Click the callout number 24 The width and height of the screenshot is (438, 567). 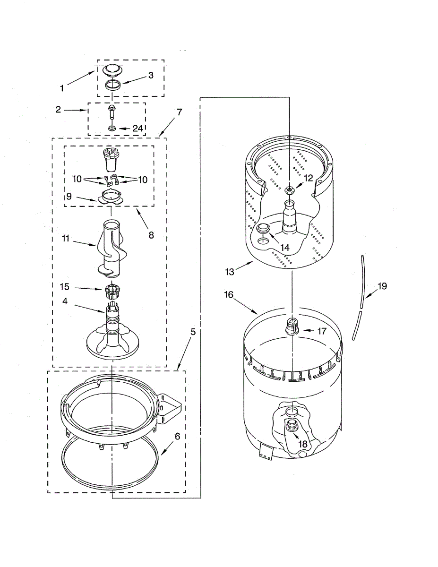[x=137, y=128]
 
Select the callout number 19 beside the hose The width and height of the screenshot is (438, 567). [x=382, y=286]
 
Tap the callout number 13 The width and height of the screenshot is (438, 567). [x=229, y=272]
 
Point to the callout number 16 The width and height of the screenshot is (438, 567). [x=229, y=295]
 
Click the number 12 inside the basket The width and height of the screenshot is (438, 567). [x=308, y=178]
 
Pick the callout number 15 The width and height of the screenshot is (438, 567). [x=65, y=286]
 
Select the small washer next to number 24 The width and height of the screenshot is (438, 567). [x=112, y=129]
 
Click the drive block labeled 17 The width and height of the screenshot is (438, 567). [x=292, y=326]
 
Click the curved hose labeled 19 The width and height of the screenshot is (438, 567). [x=359, y=298]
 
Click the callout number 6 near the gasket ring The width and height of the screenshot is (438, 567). [x=177, y=437]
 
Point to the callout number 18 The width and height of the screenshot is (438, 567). [x=302, y=444]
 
